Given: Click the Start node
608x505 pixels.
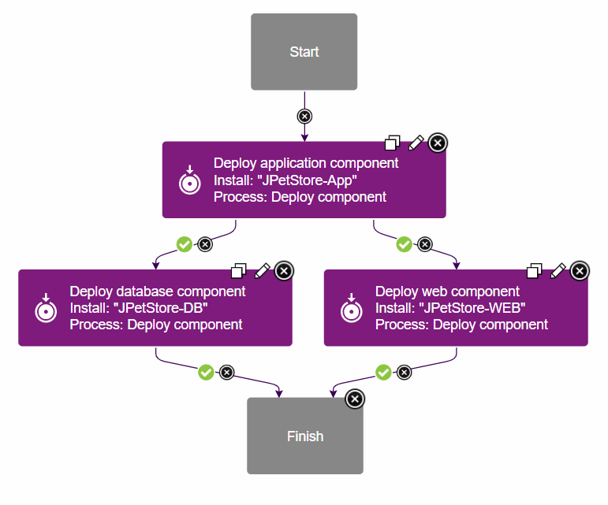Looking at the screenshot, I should pyautogui.click(x=304, y=52).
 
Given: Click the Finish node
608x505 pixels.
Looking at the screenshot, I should pyautogui.click(x=304, y=436).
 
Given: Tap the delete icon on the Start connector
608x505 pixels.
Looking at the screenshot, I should pyautogui.click(x=304, y=116).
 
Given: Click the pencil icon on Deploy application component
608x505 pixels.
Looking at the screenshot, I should pyautogui.click(x=416, y=143).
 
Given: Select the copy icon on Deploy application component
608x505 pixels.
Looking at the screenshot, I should pyautogui.click(x=392, y=143).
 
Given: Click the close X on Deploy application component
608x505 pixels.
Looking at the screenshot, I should pyautogui.click(x=438, y=143).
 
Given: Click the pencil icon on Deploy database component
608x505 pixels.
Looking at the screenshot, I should pyautogui.click(x=262, y=271).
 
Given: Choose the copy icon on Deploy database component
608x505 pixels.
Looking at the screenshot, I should pyautogui.click(x=238, y=271).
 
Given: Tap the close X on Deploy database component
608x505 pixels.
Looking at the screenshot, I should pyautogui.click(x=284, y=271).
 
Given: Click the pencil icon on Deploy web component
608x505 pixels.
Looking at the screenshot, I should pyautogui.click(x=558, y=271).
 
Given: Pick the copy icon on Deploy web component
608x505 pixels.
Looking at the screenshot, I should pyautogui.click(x=535, y=271).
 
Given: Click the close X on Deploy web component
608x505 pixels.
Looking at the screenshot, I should pyautogui.click(x=580, y=271).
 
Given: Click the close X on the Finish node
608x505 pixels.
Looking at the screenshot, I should pyautogui.click(x=355, y=399).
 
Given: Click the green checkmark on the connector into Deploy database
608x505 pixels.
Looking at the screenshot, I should pyautogui.click(x=185, y=244).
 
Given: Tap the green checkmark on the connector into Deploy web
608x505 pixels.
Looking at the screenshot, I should pyautogui.click(x=404, y=244).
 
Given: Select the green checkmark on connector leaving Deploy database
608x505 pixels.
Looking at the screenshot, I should pyautogui.click(x=206, y=372).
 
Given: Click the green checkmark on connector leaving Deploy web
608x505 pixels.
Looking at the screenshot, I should pyautogui.click(x=383, y=372).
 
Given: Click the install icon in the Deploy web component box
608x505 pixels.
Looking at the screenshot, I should pyautogui.click(x=351, y=308).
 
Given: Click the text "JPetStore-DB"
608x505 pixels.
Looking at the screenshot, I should pyautogui.click(x=161, y=308).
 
